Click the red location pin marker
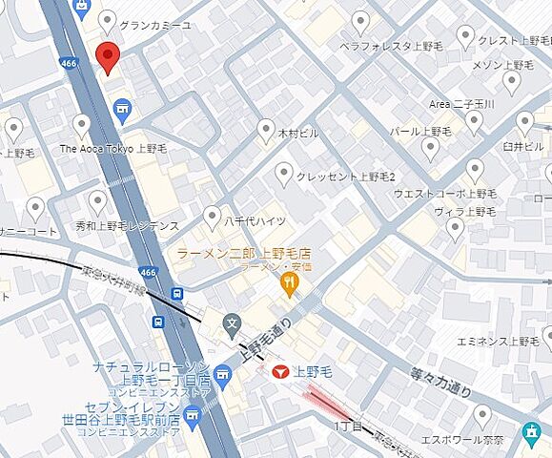(108, 57)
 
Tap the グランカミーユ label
(156, 24)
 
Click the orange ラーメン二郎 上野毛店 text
(244, 253)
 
